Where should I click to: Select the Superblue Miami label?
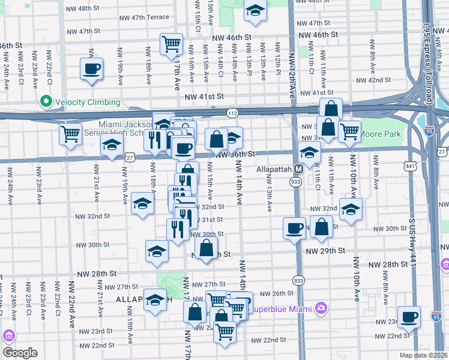pos(283,308)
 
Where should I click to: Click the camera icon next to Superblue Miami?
pos(321,308)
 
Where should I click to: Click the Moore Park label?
pos(380,135)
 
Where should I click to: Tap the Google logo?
pos(20,353)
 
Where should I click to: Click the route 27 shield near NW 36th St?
pos(130,157)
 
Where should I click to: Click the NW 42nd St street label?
pos(373,80)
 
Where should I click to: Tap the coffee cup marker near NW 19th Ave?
pos(91,69)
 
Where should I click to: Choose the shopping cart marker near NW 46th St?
pos(171,44)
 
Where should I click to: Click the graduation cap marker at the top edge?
pos(255,11)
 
